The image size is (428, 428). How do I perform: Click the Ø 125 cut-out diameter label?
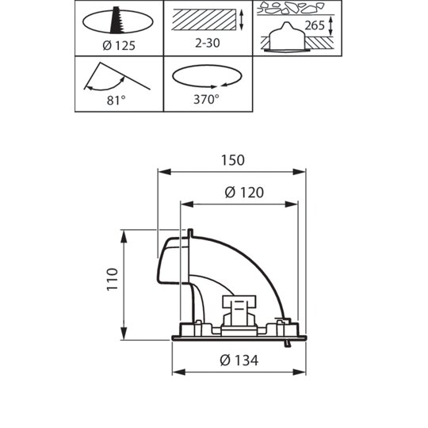(x=119, y=46)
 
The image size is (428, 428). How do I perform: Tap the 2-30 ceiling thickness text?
(x=208, y=43)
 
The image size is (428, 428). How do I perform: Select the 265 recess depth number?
(x=315, y=25)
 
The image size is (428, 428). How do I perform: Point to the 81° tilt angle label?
(x=116, y=100)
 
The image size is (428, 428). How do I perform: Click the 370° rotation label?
(x=206, y=99)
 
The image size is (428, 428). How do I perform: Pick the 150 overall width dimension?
(x=232, y=160)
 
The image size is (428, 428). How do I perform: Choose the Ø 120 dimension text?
(x=244, y=193)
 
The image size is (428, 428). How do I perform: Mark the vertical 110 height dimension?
(x=113, y=280)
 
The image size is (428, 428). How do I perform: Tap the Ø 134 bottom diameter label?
(x=239, y=361)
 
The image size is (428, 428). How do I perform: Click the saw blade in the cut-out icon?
(x=117, y=20)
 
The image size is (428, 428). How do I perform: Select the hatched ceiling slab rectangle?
(x=204, y=19)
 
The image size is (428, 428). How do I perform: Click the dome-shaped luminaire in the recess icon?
(x=286, y=36)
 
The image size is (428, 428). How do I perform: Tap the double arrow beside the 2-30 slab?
(x=241, y=20)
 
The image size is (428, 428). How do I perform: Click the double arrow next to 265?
(x=331, y=25)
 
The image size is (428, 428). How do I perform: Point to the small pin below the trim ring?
(x=287, y=344)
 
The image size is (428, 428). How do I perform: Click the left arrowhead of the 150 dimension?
(x=164, y=172)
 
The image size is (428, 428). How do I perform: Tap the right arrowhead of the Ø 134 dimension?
(x=299, y=372)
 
